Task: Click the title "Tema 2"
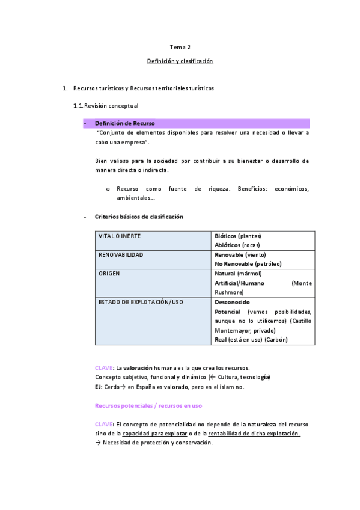[180, 46]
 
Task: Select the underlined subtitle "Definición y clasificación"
[180, 61]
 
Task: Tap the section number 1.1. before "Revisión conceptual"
[78, 106]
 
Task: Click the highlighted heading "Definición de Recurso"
[125, 123]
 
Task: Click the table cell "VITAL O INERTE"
[120, 236]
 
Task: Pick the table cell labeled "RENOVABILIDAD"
[121, 255]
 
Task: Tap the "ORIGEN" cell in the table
[109, 274]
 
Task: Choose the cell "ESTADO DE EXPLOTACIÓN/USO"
[141, 302]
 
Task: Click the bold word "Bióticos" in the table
[225, 236]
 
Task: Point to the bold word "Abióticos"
[228, 245]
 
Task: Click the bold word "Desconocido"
[232, 302]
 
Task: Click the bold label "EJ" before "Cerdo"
[98, 387]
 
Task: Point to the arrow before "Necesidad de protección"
[98, 443]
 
